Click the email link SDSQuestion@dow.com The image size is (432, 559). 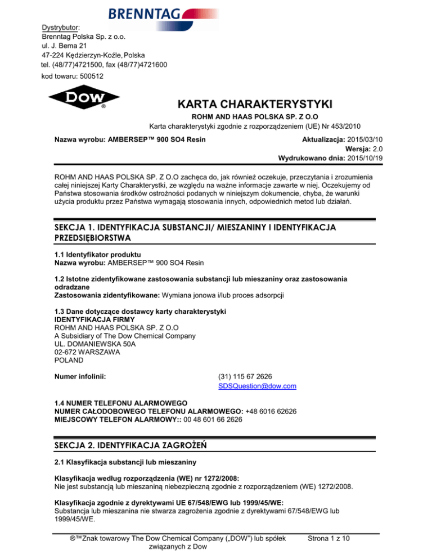(256, 386)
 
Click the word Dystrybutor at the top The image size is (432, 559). (60, 26)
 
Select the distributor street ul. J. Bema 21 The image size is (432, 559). (64, 46)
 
